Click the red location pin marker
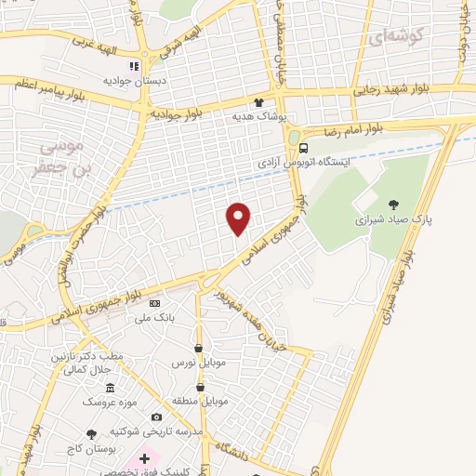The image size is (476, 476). tap(239, 218)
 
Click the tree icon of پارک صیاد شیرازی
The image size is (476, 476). tap(394, 205)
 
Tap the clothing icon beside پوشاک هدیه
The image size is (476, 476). tap(259, 103)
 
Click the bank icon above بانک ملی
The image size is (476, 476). tap(154, 304)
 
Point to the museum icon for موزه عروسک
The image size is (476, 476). tap(110, 387)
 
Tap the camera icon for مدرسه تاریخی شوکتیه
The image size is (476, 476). tap(156, 416)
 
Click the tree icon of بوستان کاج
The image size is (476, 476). tap(91, 434)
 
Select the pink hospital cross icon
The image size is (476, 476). tap(144, 459)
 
